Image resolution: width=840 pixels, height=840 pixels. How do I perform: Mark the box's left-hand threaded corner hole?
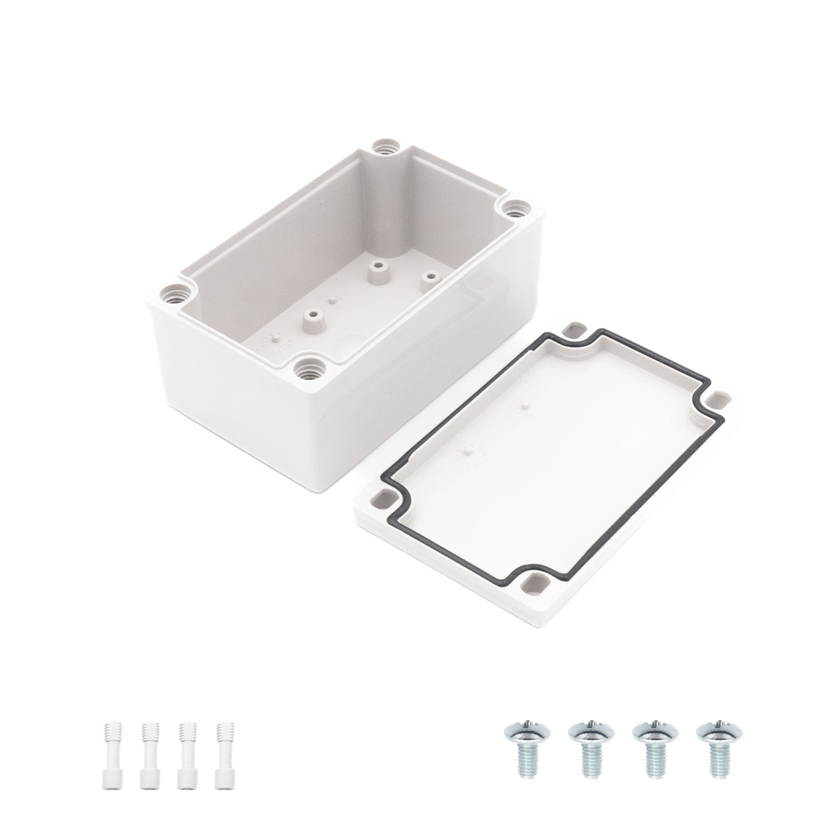coord(170,294)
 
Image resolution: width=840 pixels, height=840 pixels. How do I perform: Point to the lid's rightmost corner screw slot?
coord(721,399)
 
